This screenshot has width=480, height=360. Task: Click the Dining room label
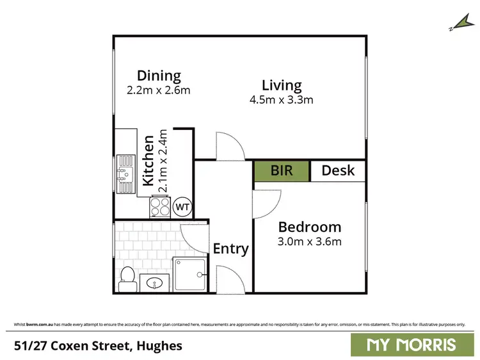(159, 76)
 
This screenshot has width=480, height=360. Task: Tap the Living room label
(281, 85)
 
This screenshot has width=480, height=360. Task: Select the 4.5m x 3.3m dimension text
(281, 100)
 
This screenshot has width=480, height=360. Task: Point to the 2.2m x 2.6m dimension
(159, 90)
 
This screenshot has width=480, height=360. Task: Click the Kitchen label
(148, 160)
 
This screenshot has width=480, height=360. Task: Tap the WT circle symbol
(182, 207)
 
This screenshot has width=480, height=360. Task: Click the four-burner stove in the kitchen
(159, 207)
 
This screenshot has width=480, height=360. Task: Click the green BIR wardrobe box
(282, 171)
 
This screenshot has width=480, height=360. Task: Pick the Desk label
(338, 171)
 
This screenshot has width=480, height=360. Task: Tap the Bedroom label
(309, 227)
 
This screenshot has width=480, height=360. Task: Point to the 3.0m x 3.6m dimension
(309, 241)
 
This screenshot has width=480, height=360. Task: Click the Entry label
(230, 249)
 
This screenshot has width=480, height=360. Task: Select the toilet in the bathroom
(127, 278)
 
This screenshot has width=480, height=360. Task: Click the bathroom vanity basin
(154, 282)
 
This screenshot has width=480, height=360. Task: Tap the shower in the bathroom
(189, 274)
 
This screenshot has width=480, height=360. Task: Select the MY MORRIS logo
(412, 345)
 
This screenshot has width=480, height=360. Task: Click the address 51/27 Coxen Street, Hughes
(98, 346)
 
